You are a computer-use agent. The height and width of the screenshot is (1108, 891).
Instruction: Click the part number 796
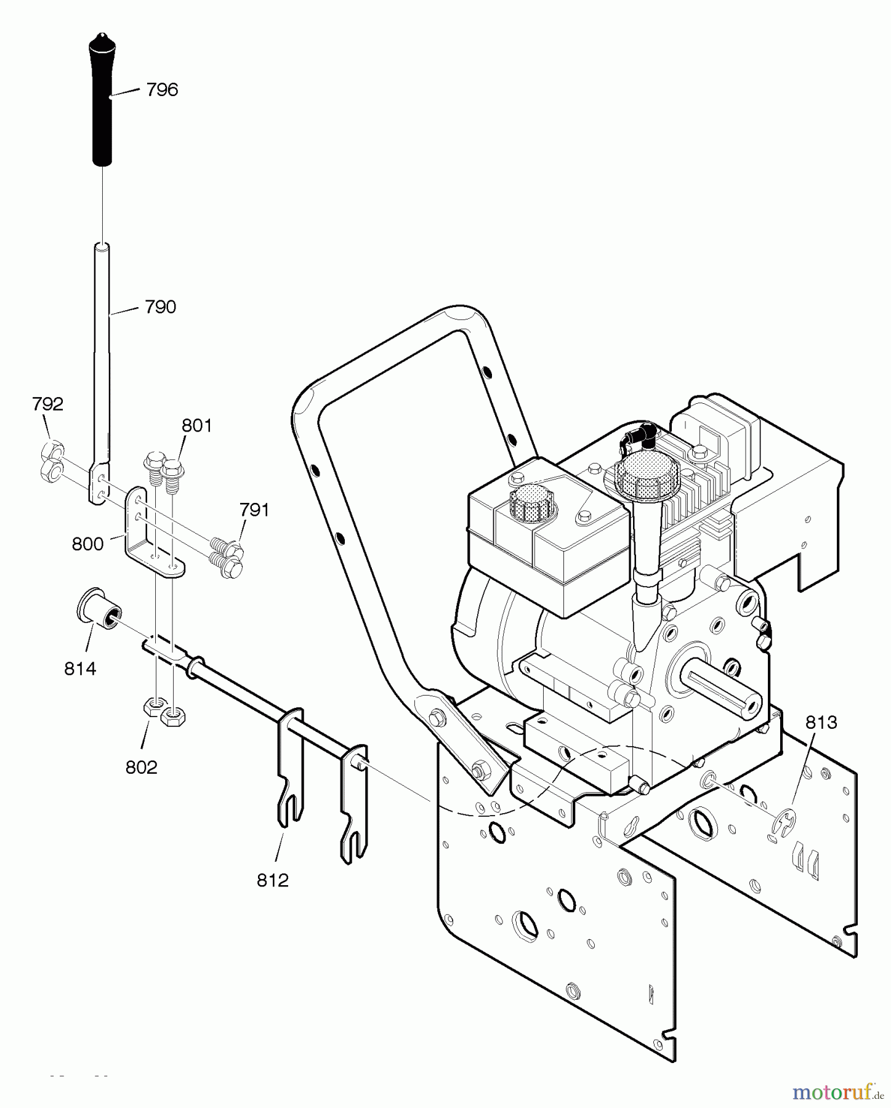click(162, 90)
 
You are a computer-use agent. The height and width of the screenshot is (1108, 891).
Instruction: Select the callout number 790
click(160, 307)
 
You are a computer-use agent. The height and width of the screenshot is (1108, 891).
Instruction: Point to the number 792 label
click(47, 404)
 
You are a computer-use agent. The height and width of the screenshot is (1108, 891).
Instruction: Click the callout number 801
click(196, 425)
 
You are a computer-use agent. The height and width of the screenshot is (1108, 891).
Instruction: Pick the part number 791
click(254, 510)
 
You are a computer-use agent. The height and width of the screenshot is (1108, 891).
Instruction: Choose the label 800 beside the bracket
click(87, 544)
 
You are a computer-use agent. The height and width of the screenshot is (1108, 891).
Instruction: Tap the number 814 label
click(80, 668)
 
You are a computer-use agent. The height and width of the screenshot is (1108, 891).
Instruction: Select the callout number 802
click(141, 767)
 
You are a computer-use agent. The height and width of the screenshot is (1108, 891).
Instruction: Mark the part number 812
click(272, 880)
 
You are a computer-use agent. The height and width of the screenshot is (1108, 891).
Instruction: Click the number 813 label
click(821, 722)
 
